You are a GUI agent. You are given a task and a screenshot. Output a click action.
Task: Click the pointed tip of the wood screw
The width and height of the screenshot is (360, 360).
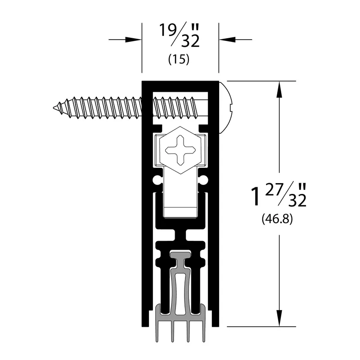[x=54, y=107]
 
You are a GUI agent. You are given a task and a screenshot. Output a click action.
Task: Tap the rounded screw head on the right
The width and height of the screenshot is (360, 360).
[x=226, y=107]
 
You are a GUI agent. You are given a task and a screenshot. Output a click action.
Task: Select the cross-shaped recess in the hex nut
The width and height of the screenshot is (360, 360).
[x=180, y=150]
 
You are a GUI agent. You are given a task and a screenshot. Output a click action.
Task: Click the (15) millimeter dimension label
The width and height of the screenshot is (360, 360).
[x=179, y=60]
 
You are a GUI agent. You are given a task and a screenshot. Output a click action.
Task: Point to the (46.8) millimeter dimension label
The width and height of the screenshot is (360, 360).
[x=277, y=219]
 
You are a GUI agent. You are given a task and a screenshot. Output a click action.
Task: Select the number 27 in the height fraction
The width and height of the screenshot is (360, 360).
[x=274, y=189]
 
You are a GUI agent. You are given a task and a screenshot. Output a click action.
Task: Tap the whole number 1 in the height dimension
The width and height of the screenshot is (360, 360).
[x=256, y=196]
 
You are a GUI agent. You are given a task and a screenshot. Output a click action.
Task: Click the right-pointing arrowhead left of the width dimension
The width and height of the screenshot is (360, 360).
[x=133, y=40]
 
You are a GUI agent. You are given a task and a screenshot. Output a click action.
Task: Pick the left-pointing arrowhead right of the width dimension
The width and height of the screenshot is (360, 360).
[x=227, y=40]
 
